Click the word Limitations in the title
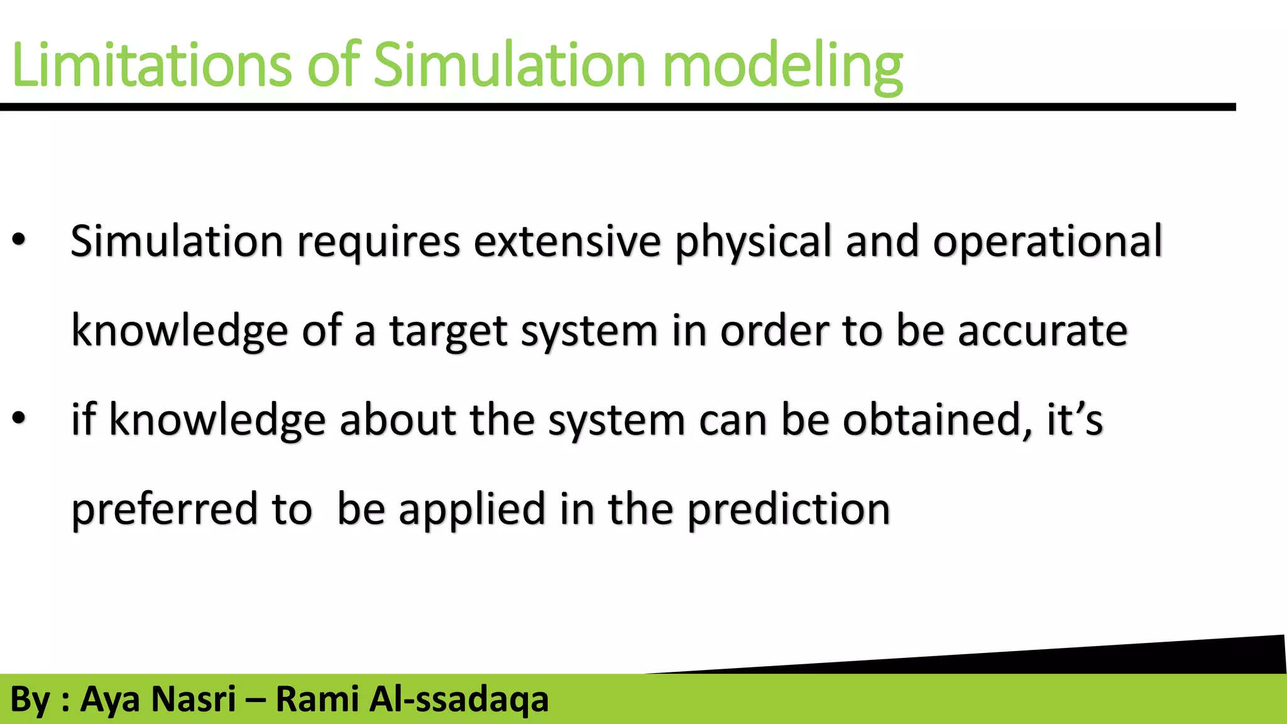click(x=151, y=65)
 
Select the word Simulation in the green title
click(x=509, y=65)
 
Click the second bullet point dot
click(x=19, y=417)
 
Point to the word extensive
click(x=567, y=241)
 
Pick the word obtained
click(x=936, y=420)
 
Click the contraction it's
click(x=1073, y=420)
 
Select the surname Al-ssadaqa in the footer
click(x=459, y=699)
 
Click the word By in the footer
click(x=30, y=699)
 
